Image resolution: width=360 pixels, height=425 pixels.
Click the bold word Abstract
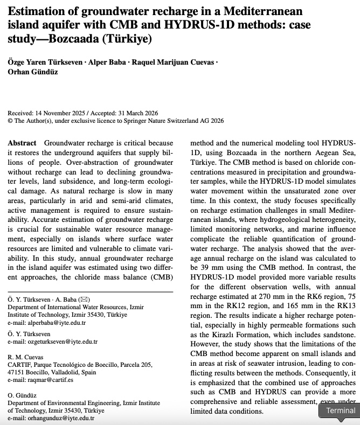[x=23, y=143]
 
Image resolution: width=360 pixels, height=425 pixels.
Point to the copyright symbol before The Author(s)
[x=10, y=121]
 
